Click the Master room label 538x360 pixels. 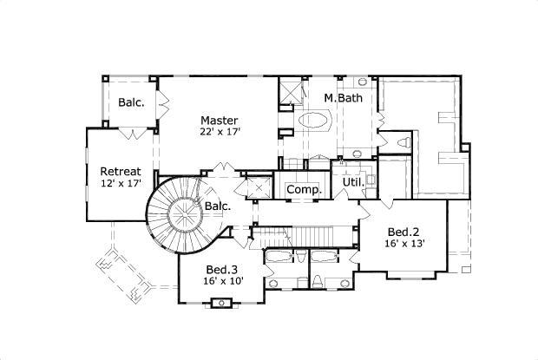(x=218, y=119)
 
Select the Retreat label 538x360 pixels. (x=119, y=170)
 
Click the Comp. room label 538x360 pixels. (x=304, y=189)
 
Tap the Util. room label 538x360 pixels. (x=351, y=183)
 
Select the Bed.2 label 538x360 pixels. (x=403, y=232)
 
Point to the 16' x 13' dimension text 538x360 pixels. (x=403, y=244)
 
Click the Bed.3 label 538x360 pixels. (x=223, y=269)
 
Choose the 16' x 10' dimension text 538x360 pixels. (x=223, y=281)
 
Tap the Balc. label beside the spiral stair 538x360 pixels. (x=218, y=206)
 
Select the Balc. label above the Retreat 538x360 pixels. (x=131, y=102)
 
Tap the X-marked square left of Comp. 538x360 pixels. (x=259, y=187)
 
